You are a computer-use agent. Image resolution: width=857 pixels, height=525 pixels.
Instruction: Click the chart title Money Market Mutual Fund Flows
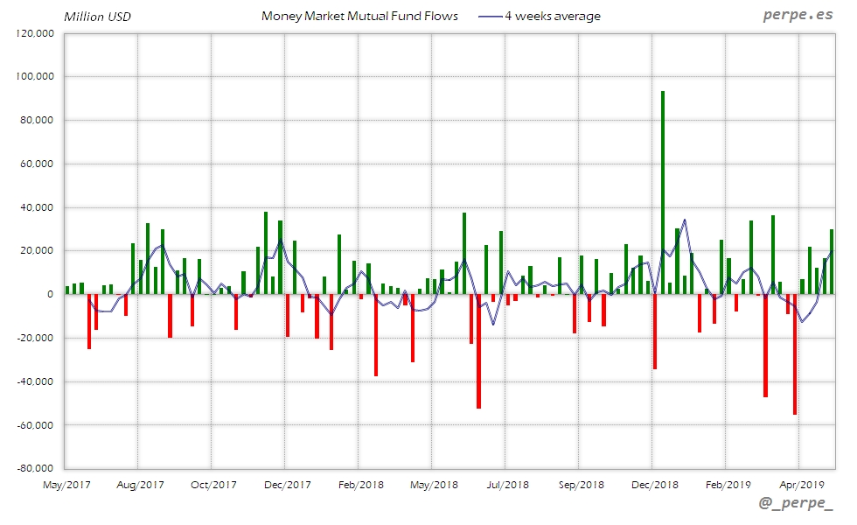click(359, 16)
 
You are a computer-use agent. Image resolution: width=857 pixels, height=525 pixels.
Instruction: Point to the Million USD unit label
click(98, 17)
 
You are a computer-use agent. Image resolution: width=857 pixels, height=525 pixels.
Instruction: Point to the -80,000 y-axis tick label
click(35, 469)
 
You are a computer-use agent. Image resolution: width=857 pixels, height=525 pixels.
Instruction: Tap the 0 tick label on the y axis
click(51, 295)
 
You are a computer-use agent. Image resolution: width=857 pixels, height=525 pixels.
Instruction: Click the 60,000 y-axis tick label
click(38, 164)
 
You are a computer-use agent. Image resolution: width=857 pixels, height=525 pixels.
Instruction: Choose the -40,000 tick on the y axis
click(35, 381)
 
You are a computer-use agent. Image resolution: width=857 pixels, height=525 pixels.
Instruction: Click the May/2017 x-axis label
click(66, 484)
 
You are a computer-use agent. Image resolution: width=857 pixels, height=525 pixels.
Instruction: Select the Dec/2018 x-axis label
click(654, 484)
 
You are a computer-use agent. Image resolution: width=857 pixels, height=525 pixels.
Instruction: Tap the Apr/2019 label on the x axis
click(801, 484)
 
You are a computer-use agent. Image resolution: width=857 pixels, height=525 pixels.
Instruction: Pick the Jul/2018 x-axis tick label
click(507, 484)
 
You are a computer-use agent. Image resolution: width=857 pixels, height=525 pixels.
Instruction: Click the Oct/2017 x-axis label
click(213, 484)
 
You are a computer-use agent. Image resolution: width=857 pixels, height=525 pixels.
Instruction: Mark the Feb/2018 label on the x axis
click(360, 484)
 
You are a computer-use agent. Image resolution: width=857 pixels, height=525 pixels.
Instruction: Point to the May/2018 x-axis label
click(434, 484)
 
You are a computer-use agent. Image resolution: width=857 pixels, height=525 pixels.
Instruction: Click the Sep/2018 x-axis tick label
click(581, 484)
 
